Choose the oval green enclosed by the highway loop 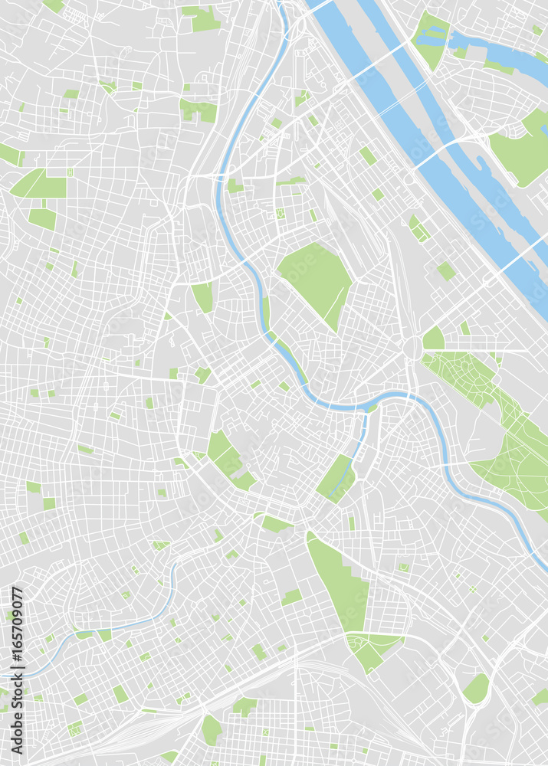click(x=476, y=689)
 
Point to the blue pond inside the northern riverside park click(x=434, y=34)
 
